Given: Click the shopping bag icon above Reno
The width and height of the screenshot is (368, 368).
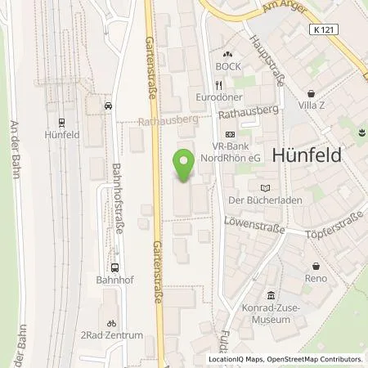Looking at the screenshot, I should pos(316,266).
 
